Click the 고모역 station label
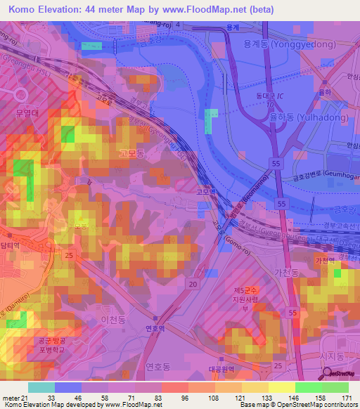point(205,190)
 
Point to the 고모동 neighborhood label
point(131,152)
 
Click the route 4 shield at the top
point(178,25)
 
